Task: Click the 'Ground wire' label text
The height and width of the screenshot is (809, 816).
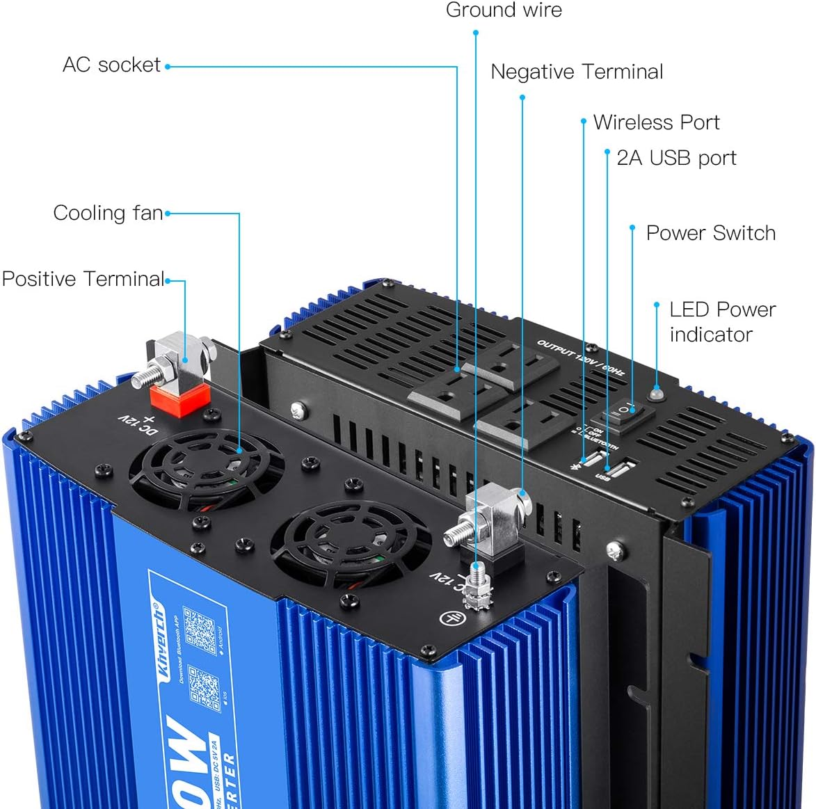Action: [x=504, y=10]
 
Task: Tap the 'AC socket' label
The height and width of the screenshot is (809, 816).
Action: [x=111, y=65]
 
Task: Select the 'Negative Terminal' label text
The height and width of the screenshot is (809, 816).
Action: [x=577, y=72]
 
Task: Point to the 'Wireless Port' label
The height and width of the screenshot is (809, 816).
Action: [x=656, y=122]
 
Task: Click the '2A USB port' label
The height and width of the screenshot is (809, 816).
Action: [x=676, y=158]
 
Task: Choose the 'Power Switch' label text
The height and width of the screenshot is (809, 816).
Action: [x=710, y=233]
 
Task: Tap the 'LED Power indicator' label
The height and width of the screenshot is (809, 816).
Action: [x=722, y=321]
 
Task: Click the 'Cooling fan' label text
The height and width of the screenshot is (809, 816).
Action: [x=108, y=213]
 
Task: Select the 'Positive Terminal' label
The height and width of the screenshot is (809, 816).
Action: [x=83, y=279]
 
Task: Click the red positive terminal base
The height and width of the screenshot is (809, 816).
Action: [x=181, y=399]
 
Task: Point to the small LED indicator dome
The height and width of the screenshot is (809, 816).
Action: [x=656, y=394]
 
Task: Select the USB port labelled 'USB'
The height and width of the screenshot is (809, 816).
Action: [x=621, y=467]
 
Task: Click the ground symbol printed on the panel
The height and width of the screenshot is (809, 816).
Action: [x=451, y=616]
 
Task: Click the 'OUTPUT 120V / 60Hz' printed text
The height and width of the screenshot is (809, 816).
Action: [x=580, y=358]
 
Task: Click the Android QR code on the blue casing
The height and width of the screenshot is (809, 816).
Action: [x=200, y=630]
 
